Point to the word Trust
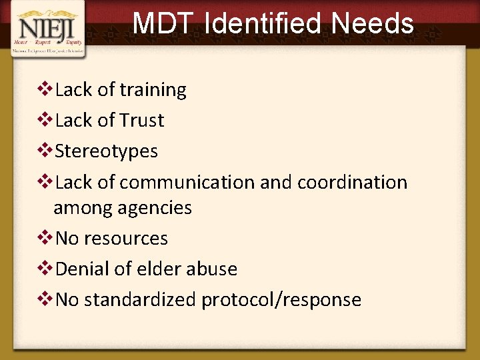[x=141, y=121]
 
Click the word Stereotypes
[x=107, y=151]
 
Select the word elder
[x=155, y=269]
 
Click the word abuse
[x=210, y=269]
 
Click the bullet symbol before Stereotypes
[x=47, y=151]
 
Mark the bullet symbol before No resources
[x=47, y=238]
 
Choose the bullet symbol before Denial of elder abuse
[x=47, y=269]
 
